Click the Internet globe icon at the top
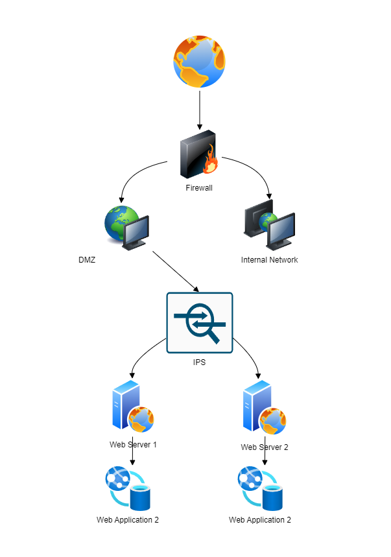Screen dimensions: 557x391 click(x=200, y=61)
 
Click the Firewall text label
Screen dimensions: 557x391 click(x=200, y=188)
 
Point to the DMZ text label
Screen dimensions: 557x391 click(x=86, y=260)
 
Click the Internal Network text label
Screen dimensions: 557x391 click(x=269, y=260)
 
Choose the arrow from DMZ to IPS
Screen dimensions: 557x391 click(x=175, y=272)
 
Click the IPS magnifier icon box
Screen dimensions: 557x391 click(x=200, y=323)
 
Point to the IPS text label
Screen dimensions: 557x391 click(x=200, y=362)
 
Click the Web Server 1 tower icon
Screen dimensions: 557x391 click(x=126, y=405)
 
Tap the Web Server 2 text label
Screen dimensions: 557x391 click(x=265, y=447)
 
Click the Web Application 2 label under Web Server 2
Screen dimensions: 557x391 click(x=260, y=520)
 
